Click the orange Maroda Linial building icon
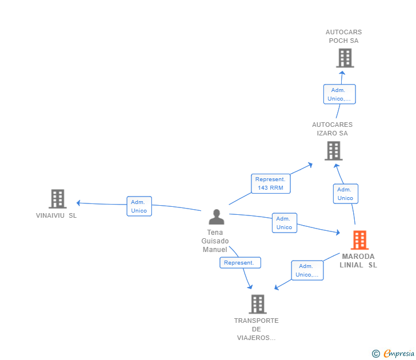(359, 240)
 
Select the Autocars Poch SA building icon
(345, 58)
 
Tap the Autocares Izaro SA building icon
(333, 151)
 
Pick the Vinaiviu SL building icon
(57, 199)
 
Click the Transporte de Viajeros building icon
(257, 304)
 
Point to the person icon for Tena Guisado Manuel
(216, 217)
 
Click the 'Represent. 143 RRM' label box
(270, 183)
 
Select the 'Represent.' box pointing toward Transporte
(240, 262)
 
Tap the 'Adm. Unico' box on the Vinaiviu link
(139, 206)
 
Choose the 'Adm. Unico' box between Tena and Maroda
(284, 223)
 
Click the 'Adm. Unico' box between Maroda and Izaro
(345, 194)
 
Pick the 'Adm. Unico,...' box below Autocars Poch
(339, 94)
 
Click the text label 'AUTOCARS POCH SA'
(344, 37)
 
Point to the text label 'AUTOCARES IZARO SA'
(333, 129)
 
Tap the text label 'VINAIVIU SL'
(56, 216)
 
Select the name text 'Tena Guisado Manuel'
(215, 241)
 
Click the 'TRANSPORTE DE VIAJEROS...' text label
(257, 329)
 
